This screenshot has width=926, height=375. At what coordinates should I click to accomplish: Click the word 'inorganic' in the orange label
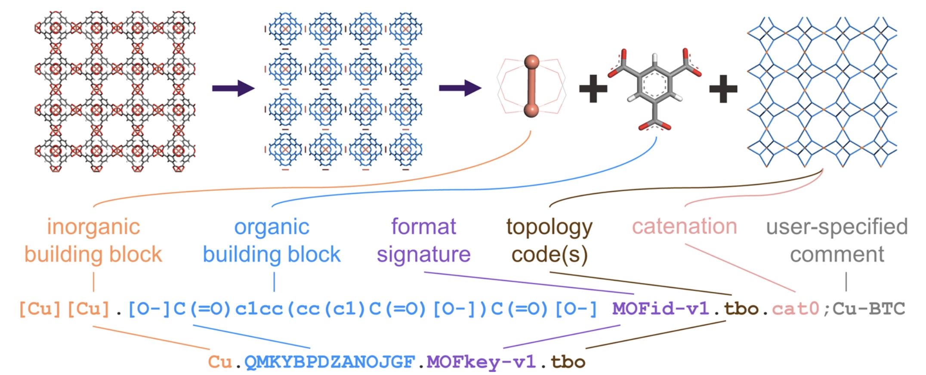tap(93, 227)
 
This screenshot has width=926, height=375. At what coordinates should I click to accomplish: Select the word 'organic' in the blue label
tap(272, 227)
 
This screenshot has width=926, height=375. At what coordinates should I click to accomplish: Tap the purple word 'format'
tap(423, 226)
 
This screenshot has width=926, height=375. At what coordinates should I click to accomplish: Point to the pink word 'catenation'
tap(684, 226)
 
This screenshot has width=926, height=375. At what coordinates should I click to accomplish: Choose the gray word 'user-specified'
tap(836, 227)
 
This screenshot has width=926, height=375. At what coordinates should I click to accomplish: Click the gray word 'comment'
tap(837, 254)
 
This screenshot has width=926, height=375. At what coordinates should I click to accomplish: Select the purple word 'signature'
tap(423, 254)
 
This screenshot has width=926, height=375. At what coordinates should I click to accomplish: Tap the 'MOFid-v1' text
tap(661, 309)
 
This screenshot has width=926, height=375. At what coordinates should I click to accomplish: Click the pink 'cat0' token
tap(795, 309)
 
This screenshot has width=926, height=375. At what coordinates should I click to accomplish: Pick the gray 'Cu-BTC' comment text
tap(869, 309)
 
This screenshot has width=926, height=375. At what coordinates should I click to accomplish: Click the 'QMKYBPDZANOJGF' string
tap(330, 362)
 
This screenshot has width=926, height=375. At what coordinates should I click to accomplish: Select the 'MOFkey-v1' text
tap(481, 362)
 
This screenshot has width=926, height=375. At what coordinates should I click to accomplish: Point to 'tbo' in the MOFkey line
tap(568, 362)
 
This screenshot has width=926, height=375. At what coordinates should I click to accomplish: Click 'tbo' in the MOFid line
tap(741, 309)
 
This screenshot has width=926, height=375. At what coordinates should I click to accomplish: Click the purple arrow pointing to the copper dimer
tap(460, 88)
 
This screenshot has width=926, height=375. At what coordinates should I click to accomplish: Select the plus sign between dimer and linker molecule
tap(593, 89)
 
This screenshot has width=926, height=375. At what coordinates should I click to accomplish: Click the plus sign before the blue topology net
tap(723, 89)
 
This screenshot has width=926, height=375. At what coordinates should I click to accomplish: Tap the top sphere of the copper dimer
tap(532, 62)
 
